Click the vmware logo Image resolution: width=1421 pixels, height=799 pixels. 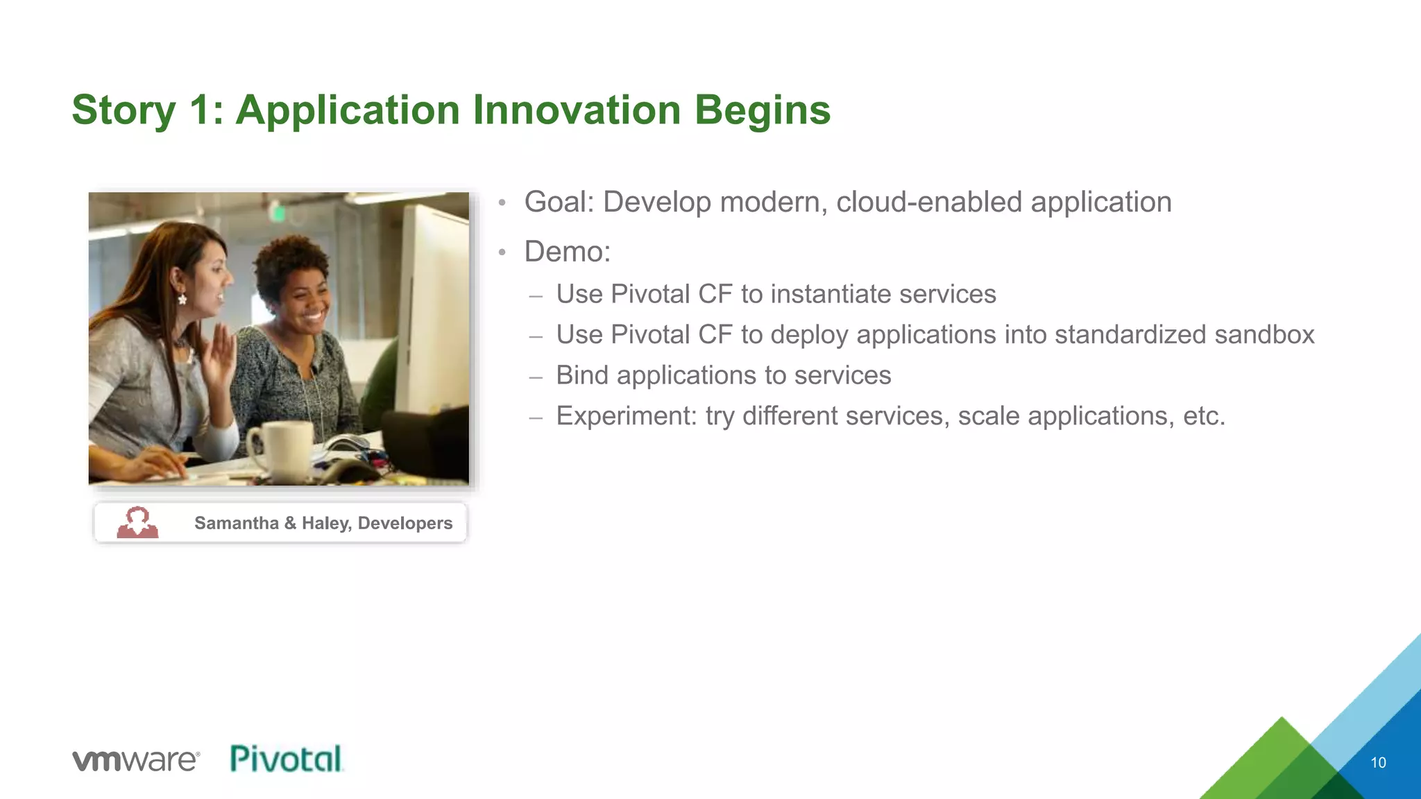coord(136,760)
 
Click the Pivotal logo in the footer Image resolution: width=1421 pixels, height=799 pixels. coord(286,759)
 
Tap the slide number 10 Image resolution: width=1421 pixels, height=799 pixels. coord(1378,763)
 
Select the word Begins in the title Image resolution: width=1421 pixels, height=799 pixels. coord(762,110)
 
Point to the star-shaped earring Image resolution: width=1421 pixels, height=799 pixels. coord(182,299)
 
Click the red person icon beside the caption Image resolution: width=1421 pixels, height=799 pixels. coord(137,522)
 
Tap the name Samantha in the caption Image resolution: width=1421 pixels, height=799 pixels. coord(236,523)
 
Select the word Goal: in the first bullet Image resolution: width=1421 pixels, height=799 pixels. coord(559,203)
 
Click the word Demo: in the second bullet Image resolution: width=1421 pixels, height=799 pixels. coord(567,252)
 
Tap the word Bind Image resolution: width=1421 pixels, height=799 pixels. coord(582,375)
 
